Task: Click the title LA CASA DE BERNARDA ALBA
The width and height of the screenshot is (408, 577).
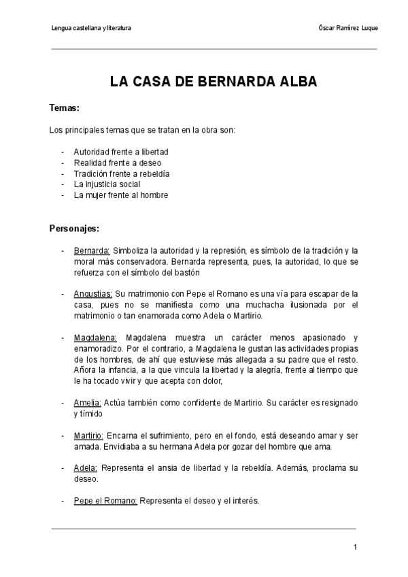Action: [x=204, y=83]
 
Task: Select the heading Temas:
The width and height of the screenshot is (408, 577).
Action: [x=65, y=108]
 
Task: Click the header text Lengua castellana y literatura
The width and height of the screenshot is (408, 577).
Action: [x=91, y=28]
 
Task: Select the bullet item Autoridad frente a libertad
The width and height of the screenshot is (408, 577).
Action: [x=120, y=152]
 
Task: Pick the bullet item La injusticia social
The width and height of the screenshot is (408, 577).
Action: [x=107, y=184]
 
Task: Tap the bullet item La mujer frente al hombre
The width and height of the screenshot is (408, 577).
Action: [x=120, y=195]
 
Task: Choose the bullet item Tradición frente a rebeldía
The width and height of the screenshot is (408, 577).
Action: [x=121, y=174]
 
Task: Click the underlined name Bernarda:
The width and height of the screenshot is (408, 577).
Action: [x=92, y=250]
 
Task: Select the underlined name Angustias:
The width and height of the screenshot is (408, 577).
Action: [x=93, y=294]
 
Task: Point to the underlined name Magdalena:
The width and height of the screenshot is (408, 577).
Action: [x=95, y=337]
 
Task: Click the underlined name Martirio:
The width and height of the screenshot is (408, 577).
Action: [x=88, y=435]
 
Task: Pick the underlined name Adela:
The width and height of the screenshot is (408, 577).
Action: [x=86, y=468]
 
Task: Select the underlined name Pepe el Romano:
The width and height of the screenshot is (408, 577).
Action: [x=105, y=501]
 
